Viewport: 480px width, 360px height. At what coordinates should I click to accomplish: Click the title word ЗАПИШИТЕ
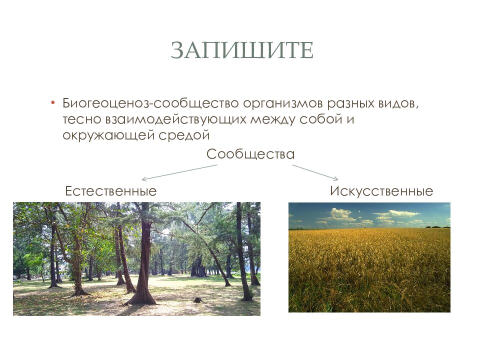click(242, 50)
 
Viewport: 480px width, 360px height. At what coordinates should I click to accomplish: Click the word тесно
click(81, 120)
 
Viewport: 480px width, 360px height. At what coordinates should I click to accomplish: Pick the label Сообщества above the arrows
click(250, 154)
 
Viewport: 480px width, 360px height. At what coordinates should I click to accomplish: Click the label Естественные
click(111, 191)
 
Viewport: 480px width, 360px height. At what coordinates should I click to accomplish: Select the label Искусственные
click(381, 191)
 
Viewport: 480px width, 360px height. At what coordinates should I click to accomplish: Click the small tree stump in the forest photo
click(198, 299)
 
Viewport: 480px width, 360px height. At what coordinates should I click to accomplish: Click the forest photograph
click(136, 258)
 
